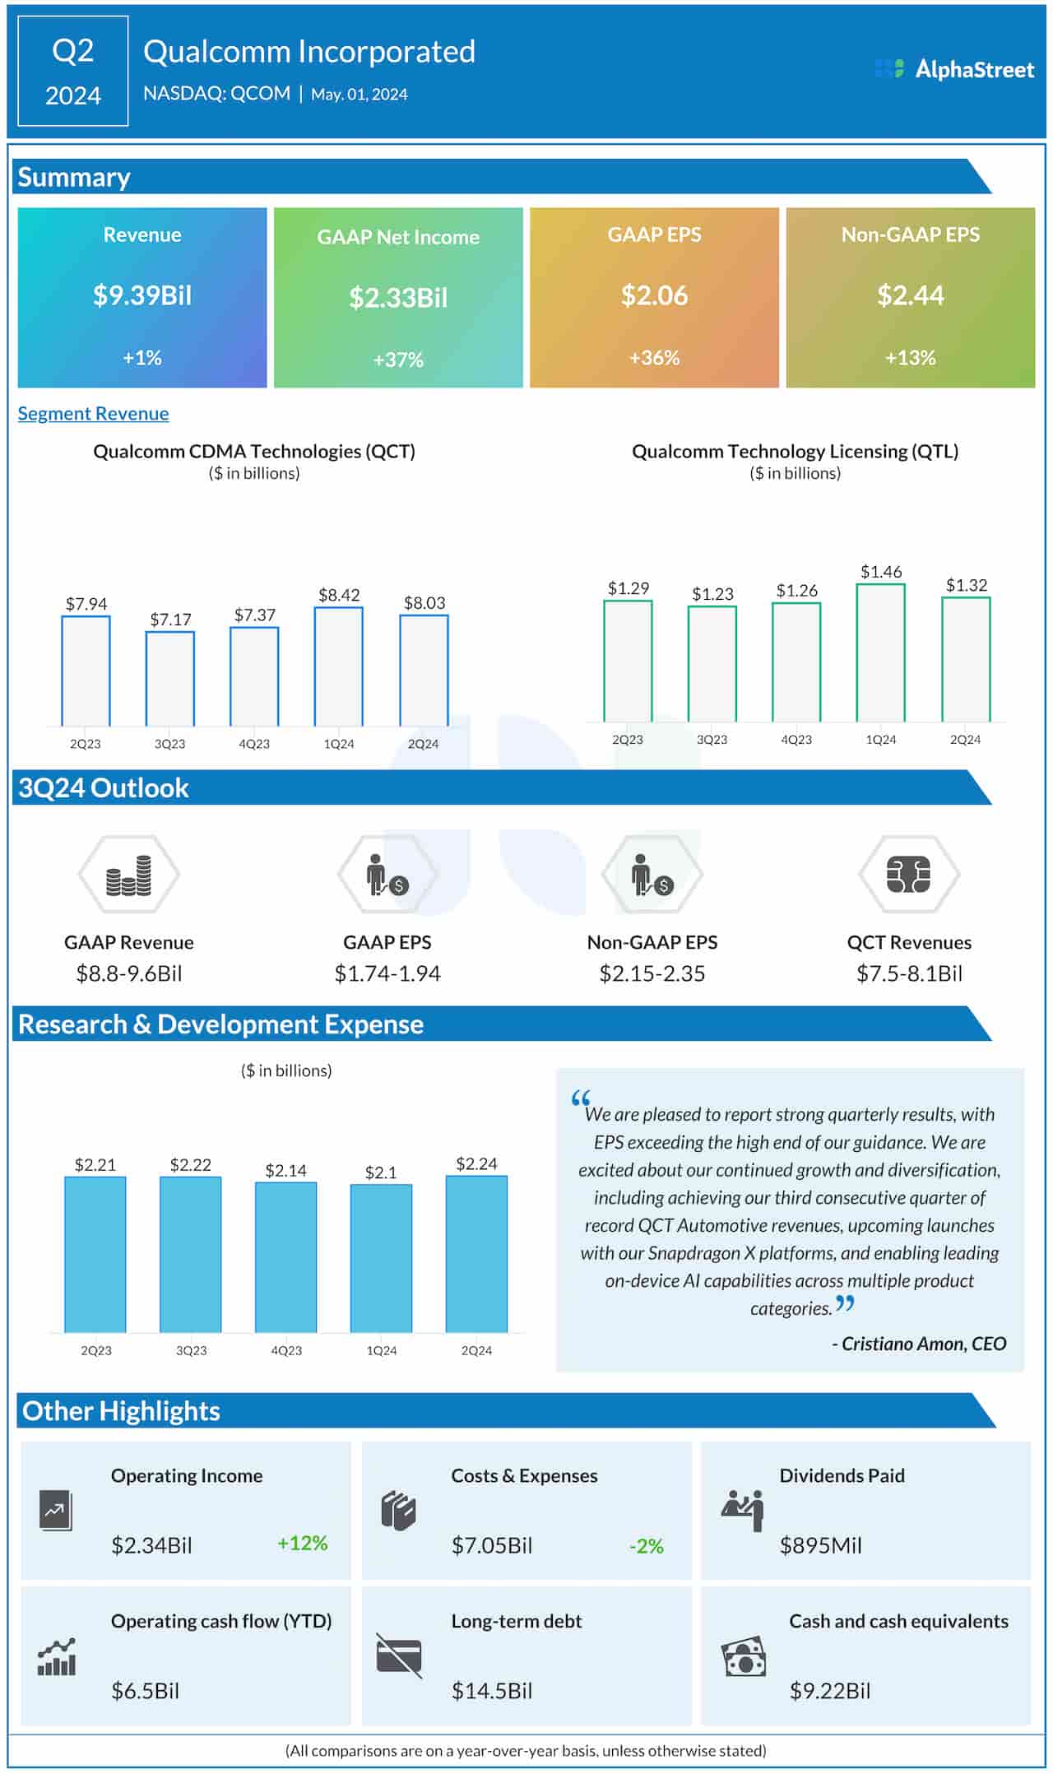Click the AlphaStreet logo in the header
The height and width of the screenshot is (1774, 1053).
954,69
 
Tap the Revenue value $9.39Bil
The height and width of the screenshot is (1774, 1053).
142,295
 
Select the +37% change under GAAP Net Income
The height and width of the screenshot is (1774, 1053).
398,360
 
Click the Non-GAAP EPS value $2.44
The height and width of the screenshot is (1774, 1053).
910,295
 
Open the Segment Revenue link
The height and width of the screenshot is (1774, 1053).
93,414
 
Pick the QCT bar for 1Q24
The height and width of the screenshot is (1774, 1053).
338,666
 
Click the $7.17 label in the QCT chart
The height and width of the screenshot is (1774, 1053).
170,619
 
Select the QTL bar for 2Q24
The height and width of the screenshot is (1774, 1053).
966,659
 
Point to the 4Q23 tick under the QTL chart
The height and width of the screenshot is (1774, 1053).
796,740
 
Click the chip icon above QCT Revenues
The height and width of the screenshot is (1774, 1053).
908,875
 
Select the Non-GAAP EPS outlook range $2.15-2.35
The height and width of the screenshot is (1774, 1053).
652,974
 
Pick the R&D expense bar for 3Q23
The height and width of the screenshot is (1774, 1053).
191,1254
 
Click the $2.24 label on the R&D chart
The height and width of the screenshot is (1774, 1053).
476,1163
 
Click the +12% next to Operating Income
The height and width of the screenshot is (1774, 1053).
302,1543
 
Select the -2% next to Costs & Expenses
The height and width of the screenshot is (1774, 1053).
646,1546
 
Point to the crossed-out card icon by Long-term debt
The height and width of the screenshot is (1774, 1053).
399,1656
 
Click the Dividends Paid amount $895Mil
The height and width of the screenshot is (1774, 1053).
820,1545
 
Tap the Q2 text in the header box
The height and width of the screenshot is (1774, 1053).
72,51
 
